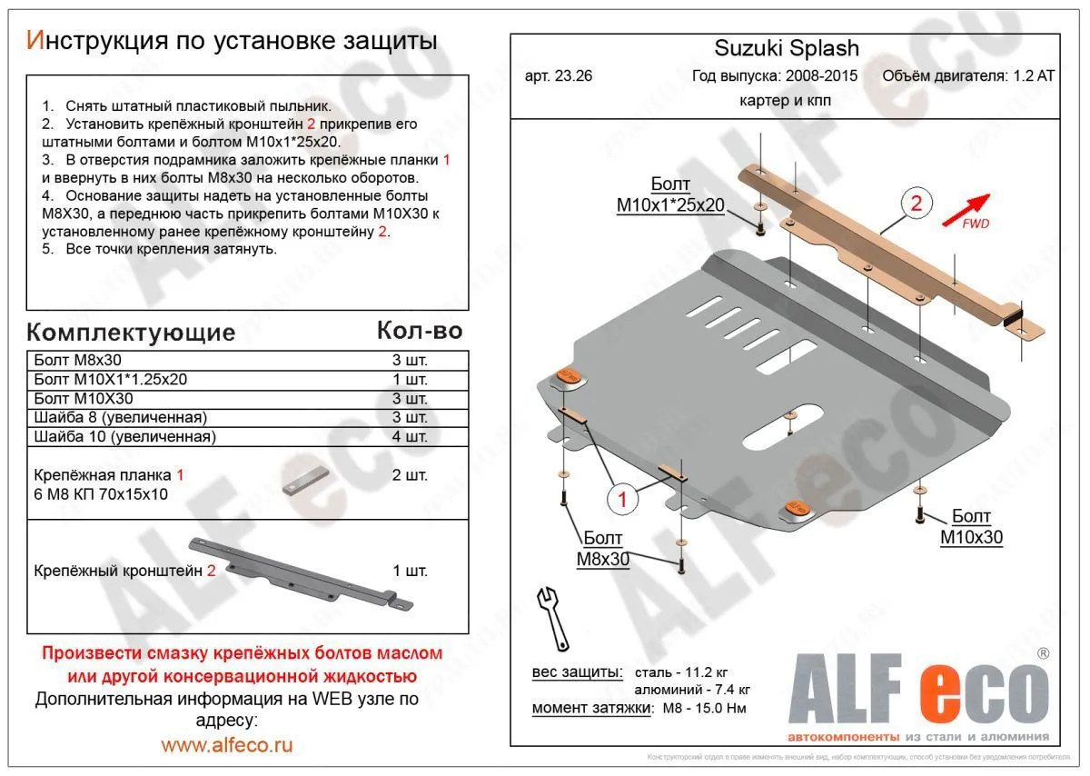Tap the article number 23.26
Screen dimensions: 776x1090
pos(559,76)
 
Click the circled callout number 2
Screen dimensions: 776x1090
pos(916,204)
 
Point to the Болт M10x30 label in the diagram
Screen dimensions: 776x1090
pos(971,527)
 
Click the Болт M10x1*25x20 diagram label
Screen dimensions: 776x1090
pos(670,195)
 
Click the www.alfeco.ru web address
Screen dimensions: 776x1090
pos(227,746)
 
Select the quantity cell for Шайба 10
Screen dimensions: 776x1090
pos(410,437)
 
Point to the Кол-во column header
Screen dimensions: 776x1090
pos(420,331)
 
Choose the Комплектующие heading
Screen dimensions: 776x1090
pos(131,332)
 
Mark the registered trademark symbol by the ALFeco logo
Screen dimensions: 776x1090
pos(1043,653)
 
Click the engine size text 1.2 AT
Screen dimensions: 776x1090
pos(1034,76)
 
